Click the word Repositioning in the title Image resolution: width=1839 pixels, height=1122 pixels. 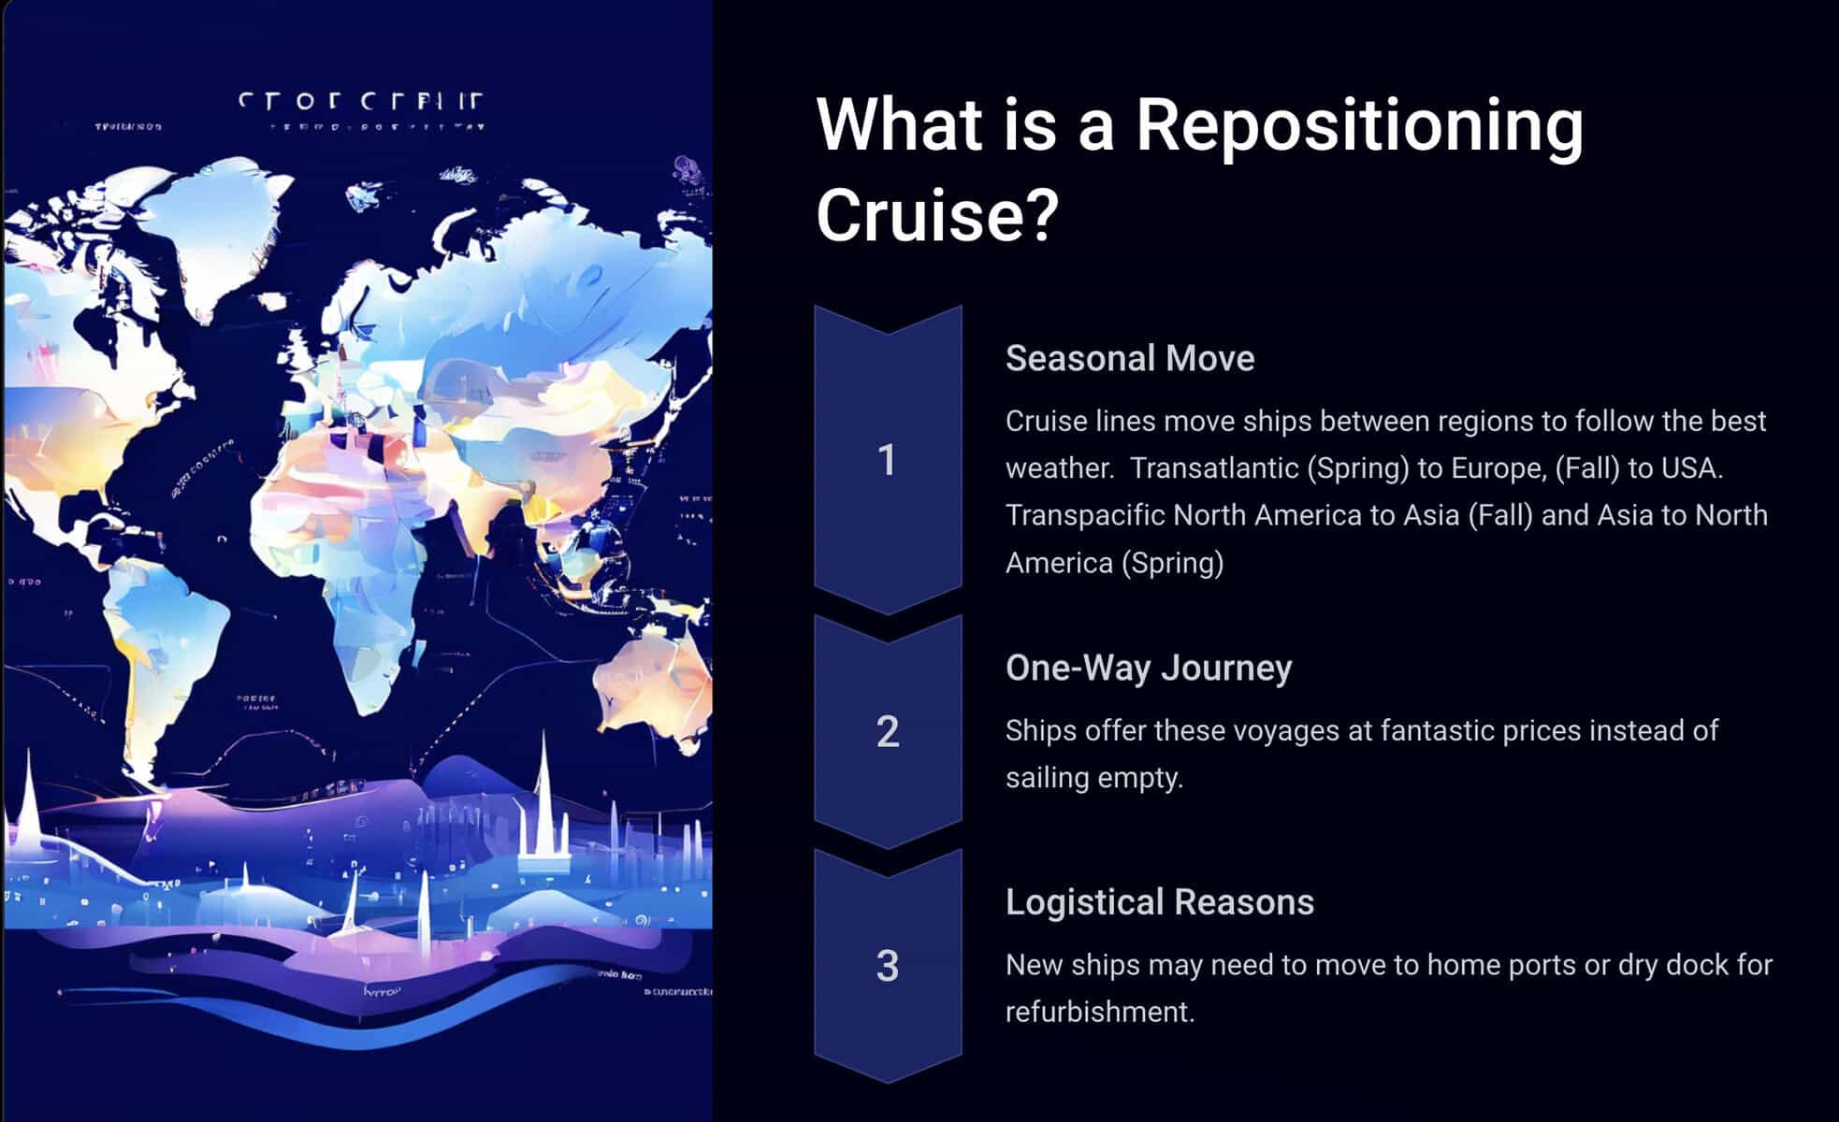[1358, 126]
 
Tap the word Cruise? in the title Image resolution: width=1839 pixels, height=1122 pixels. [937, 215]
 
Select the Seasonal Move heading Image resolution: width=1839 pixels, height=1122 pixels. [1130, 359]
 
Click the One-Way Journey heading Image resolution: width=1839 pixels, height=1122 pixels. [1149, 668]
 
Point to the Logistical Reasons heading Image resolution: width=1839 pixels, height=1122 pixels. [1160, 902]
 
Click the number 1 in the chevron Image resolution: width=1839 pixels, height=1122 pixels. [888, 460]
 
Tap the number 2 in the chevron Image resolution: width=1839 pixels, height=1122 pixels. [888, 731]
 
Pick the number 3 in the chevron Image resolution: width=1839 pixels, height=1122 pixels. [888, 966]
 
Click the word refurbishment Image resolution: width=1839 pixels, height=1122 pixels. [1099, 1012]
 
